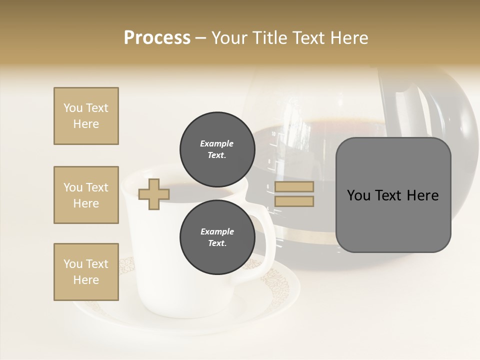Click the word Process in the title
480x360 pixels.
(157, 38)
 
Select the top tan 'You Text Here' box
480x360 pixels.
(86, 116)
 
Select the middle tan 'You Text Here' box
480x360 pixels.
(86, 195)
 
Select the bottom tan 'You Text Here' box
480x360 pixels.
(86, 272)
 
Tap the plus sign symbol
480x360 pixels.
(154, 194)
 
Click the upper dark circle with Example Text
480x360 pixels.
(217, 149)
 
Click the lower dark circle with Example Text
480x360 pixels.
(217, 237)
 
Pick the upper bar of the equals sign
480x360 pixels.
(294, 187)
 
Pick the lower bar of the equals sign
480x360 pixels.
(294, 201)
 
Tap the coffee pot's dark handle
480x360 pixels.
(395, 100)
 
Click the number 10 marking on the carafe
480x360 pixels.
(273, 134)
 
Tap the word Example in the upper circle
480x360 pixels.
(217, 143)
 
